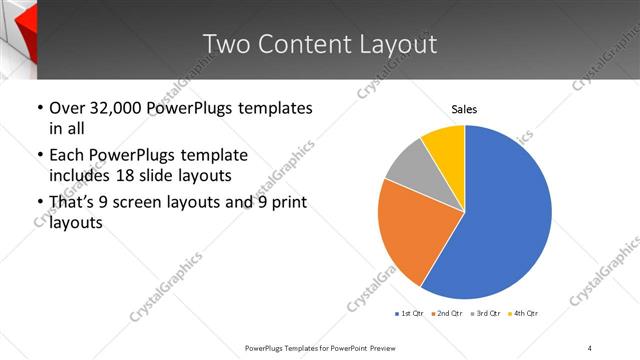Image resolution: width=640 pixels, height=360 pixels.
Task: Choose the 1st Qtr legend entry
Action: pyautogui.click(x=408, y=314)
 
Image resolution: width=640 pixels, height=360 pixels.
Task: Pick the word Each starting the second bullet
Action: pyautogui.click(x=67, y=155)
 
